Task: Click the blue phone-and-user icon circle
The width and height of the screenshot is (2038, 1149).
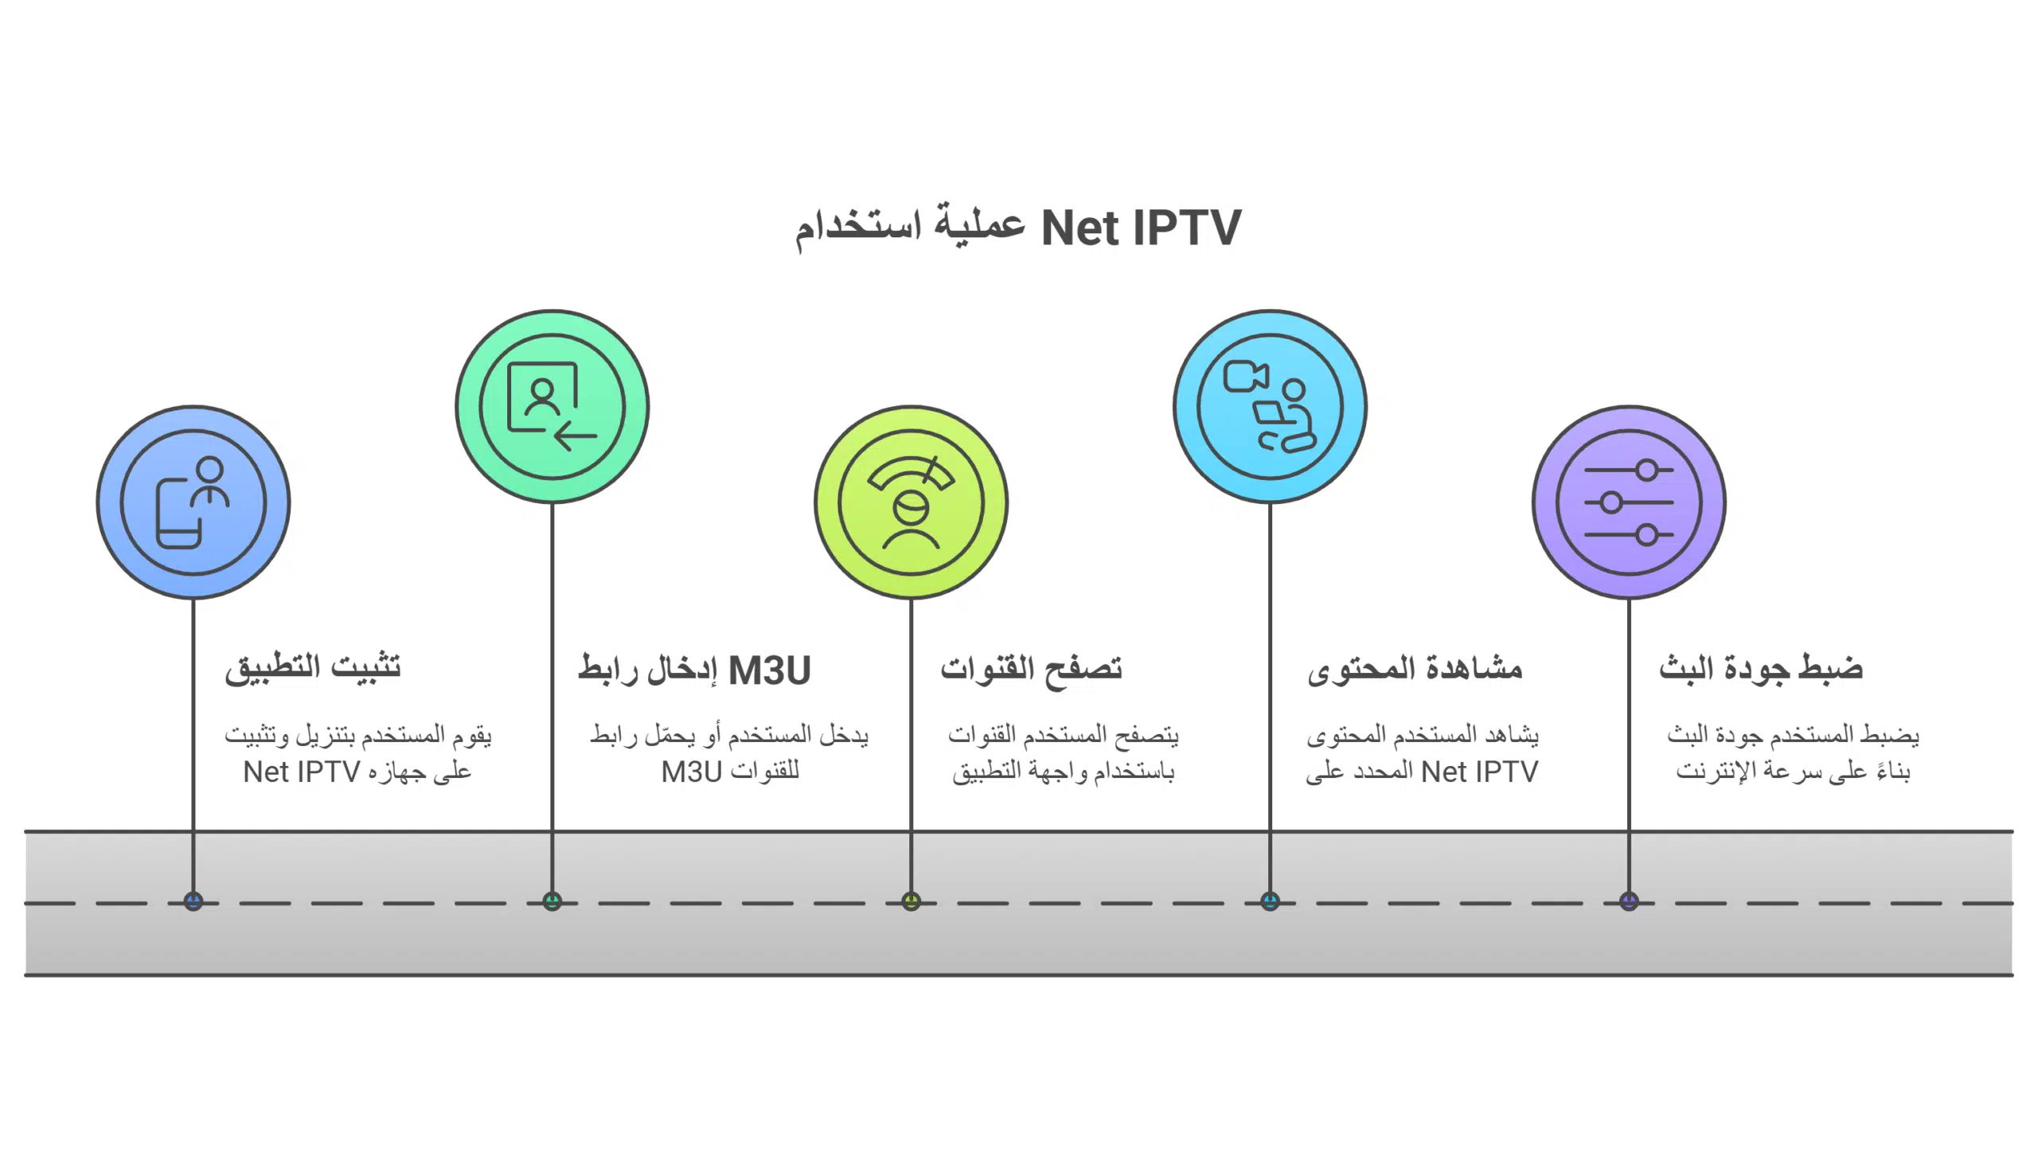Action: pos(193,502)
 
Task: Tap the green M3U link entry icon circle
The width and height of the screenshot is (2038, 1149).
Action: pos(552,407)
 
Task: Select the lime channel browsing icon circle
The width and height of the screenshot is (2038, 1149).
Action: pos(912,502)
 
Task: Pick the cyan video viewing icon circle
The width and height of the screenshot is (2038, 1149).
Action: pos(1271,407)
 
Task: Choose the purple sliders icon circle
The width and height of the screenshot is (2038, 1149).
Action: pos(1630,502)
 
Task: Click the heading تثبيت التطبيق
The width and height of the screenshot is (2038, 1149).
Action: pos(313,668)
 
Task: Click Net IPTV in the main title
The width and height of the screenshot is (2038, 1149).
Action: pos(1141,229)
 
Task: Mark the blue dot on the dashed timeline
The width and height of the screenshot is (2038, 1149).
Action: pos(193,901)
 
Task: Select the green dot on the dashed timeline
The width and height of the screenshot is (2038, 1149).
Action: pos(552,901)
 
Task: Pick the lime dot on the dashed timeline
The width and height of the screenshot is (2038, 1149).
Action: pos(912,901)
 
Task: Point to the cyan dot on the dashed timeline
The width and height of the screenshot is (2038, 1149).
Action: pos(1271,901)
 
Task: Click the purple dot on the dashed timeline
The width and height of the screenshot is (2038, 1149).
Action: pos(1630,901)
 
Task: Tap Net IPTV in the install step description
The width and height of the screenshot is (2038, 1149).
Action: pos(302,772)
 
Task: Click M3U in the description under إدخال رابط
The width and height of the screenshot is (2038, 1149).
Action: pos(691,772)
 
